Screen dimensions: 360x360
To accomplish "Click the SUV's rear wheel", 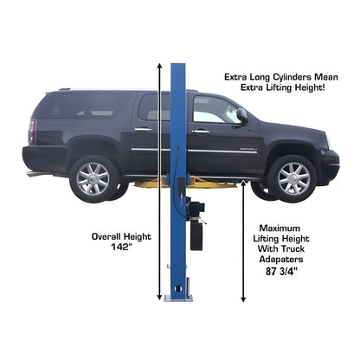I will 92,177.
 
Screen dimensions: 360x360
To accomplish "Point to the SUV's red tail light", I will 33,132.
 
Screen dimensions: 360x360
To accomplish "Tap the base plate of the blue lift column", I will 178,297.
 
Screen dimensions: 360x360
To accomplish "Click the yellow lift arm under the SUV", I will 208,183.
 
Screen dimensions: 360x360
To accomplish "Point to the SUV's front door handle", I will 201,131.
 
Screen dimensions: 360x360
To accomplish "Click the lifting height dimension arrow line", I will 243,242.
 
